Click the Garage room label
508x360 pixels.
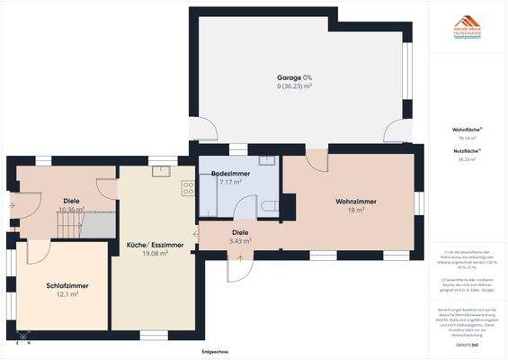294,77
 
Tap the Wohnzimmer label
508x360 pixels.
355,200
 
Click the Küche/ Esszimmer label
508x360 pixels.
155,245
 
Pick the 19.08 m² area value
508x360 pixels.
155,254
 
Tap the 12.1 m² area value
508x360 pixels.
68,294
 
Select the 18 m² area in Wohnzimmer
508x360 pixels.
355,210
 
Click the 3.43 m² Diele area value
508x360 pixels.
240,241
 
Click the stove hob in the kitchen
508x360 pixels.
188,188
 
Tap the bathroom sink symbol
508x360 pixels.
266,161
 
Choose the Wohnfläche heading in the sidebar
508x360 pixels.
467,131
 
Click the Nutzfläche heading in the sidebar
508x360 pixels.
467,151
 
